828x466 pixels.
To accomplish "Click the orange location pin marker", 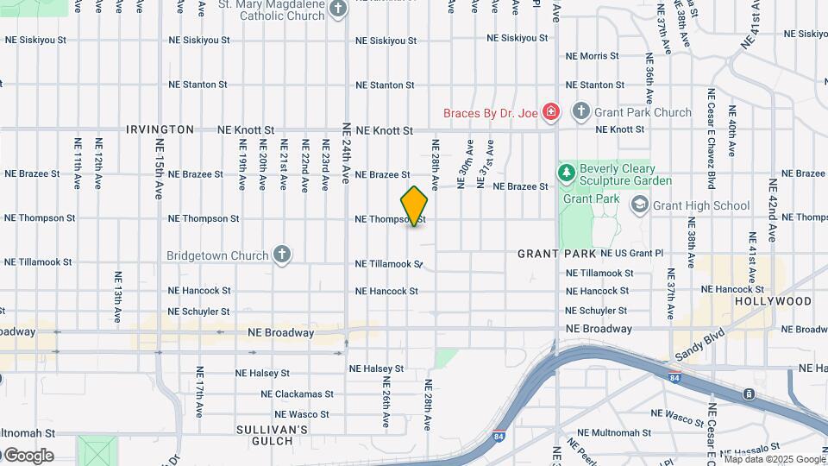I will coord(414,205).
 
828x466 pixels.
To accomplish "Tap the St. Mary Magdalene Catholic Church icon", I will coord(338,9).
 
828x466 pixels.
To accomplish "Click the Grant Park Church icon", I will coord(581,112).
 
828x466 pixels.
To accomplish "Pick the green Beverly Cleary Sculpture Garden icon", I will coord(567,174).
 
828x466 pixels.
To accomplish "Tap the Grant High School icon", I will coord(640,205).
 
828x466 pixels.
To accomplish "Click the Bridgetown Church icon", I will coord(281,255).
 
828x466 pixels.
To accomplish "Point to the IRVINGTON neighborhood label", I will coord(160,129).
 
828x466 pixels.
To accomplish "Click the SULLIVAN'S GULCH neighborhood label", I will coord(272,435).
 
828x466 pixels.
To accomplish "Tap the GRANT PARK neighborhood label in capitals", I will coord(556,254).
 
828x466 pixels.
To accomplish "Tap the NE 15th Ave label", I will coord(160,169).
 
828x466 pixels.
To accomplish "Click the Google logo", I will coord(28,456).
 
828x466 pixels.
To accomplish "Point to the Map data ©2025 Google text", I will coord(775,459).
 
